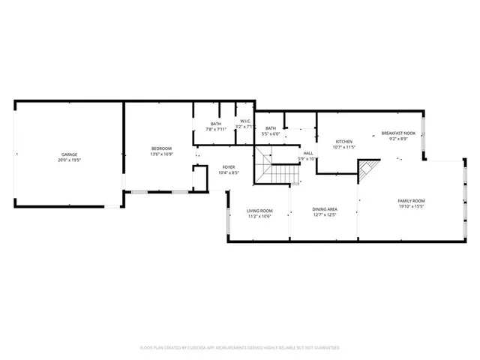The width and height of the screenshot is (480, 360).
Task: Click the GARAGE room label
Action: [x=68, y=154]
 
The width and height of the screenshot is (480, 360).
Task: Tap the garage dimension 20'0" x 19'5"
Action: [x=68, y=160]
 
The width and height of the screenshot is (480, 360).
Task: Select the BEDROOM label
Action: [x=161, y=148]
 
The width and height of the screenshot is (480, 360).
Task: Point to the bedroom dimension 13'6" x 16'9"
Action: [x=161, y=154]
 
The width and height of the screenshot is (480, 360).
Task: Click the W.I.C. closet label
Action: [x=244, y=121]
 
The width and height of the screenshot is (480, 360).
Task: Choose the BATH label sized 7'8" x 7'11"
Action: [x=216, y=124]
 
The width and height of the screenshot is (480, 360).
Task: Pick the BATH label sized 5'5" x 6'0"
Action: [x=270, y=128]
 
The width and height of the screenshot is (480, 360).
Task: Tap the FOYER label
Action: [x=229, y=167]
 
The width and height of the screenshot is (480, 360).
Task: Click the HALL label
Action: [x=308, y=153]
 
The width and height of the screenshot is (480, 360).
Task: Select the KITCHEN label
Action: [x=343, y=142]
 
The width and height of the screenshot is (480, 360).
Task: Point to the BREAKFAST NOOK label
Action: [x=397, y=133]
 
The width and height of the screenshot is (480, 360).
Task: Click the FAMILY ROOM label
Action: [x=411, y=201]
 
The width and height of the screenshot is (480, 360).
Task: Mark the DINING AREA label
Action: [x=325, y=209]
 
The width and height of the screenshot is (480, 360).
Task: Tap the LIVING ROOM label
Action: [x=259, y=211]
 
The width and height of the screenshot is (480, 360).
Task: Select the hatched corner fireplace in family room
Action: [x=366, y=174]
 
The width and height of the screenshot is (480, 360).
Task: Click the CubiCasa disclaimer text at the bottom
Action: [x=240, y=348]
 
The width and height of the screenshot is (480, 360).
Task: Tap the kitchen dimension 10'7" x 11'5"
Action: [x=343, y=148]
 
